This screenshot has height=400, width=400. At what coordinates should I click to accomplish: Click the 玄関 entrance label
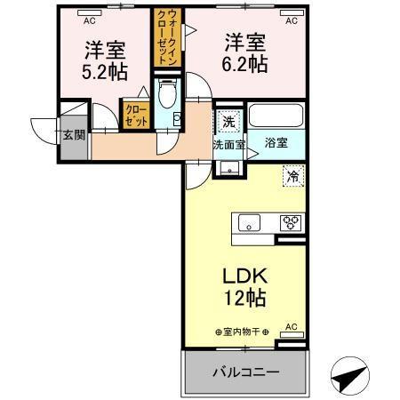[74, 136]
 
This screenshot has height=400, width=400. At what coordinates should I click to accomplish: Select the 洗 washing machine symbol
[228, 121]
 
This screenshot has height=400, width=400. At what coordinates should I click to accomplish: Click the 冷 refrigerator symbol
[291, 176]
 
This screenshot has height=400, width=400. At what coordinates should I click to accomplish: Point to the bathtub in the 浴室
[276, 116]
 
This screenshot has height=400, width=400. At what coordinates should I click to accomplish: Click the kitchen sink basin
[246, 222]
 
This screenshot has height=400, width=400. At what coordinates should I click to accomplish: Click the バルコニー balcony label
[245, 372]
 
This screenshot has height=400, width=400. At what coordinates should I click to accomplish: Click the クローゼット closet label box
[137, 116]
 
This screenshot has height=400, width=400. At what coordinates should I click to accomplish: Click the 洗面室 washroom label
[228, 143]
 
